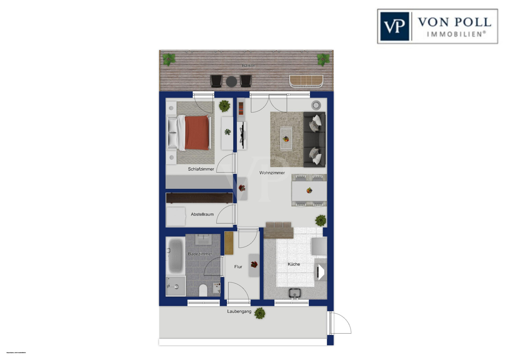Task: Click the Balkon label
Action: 248,66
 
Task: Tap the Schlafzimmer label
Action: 201,169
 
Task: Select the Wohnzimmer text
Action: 272,173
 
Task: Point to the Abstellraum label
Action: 202,214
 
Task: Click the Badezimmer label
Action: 200,254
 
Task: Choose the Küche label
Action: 294,264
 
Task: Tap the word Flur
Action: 238,267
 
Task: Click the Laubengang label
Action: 239,311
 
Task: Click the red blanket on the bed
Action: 196,133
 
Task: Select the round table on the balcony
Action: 231,81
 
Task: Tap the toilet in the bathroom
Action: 203,290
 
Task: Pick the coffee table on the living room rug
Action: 286,138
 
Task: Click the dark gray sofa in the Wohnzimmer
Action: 314,139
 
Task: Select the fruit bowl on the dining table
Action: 309,191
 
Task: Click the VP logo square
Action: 394,26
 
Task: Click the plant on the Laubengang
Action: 260,313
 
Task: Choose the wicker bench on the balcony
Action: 306,81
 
